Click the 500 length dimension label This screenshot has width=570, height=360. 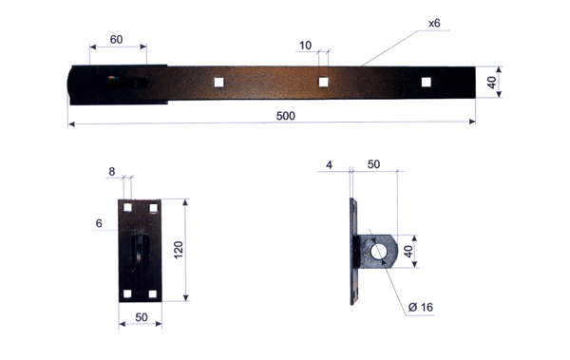(286, 116)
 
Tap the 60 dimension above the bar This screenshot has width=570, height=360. (116, 39)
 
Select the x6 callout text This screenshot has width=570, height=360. (434, 24)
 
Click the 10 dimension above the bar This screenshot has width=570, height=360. (305, 46)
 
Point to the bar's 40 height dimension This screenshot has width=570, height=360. (491, 83)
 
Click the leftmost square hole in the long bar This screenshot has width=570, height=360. (218, 83)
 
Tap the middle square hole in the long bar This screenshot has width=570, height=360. (323, 82)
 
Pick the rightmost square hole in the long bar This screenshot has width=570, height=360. (426, 82)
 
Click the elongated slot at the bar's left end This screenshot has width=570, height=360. (127, 83)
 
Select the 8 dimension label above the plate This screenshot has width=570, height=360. (112, 171)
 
